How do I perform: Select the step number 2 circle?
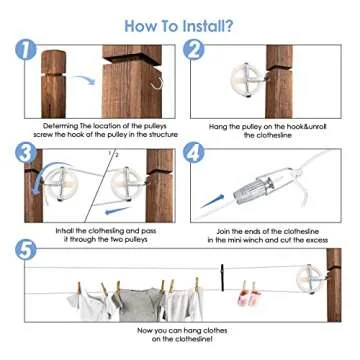[x=195, y=50]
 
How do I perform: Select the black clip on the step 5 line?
[x=222, y=273]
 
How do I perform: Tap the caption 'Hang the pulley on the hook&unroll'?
[x=265, y=126]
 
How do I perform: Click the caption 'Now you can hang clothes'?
[x=180, y=330]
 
